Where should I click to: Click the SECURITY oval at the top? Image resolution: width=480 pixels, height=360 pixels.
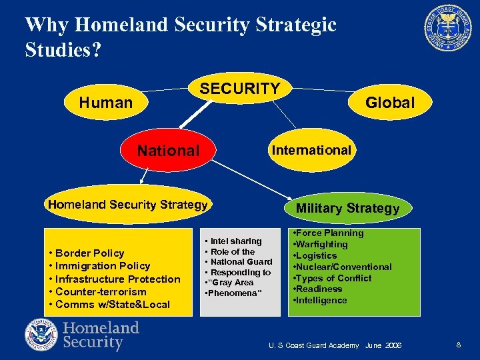pos(240,89)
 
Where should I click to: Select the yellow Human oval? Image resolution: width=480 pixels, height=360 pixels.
pos(105,103)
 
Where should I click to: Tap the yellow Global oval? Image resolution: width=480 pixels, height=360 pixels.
pos(390,103)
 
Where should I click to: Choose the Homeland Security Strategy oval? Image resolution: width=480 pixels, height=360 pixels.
pos(127,205)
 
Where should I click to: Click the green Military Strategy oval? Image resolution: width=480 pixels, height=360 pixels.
pos(347,208)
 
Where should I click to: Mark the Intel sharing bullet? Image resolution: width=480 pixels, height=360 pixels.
pos(236,241)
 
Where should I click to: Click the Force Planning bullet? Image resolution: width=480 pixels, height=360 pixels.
pos(329,233)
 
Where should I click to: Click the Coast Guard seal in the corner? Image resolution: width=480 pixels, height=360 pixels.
pos(447,27)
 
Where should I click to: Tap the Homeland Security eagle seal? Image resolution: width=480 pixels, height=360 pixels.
pos(42,335)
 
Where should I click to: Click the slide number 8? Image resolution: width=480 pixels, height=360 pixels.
pos(459,345)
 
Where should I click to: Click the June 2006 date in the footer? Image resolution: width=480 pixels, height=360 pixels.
pos(383,345)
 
